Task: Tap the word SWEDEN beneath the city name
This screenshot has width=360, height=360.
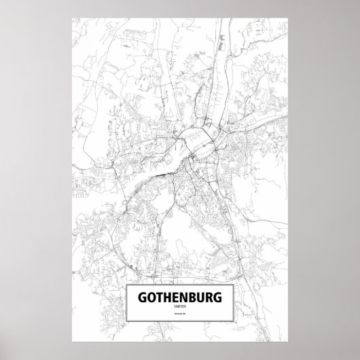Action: (179, 308)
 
